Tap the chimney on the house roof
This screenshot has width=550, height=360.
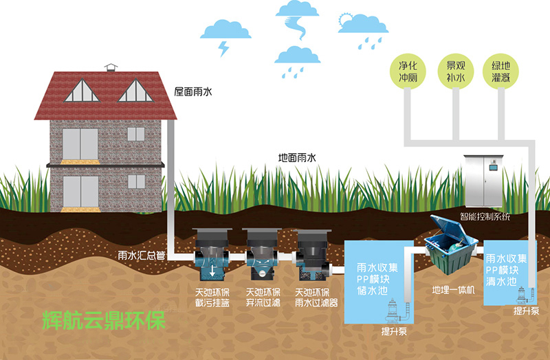(x=111, y=67)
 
